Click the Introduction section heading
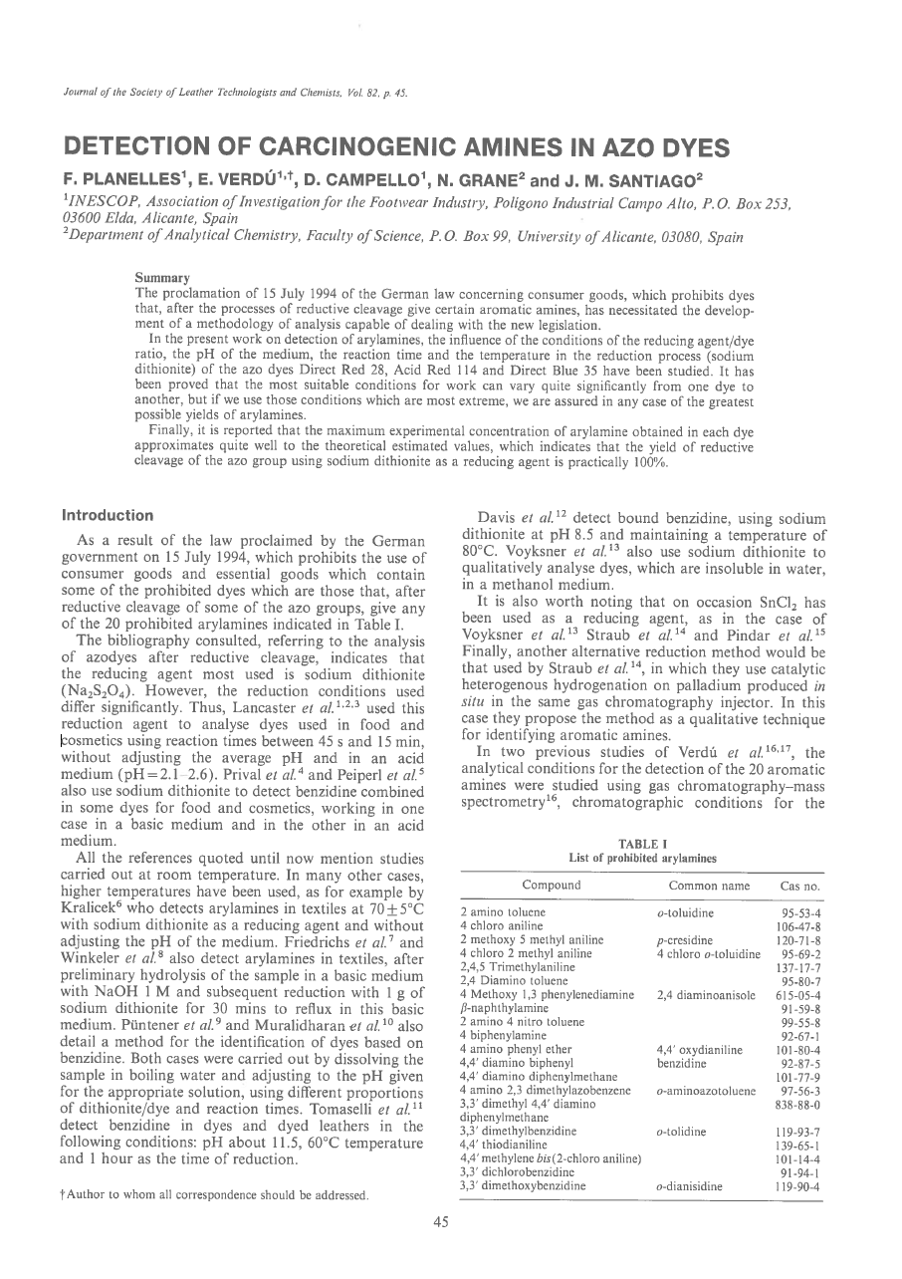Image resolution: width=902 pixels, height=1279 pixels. pos(108,516)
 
